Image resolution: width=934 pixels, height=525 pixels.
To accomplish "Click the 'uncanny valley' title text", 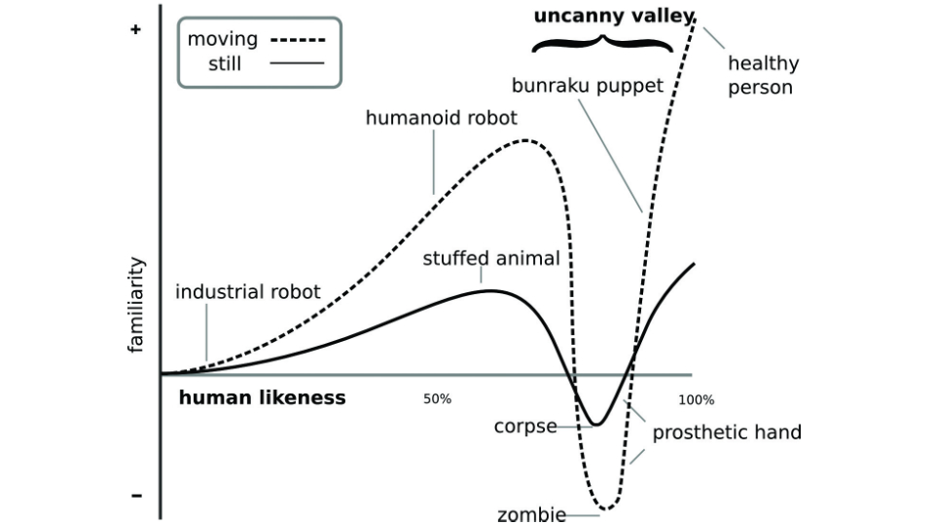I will click(x=613, y=16).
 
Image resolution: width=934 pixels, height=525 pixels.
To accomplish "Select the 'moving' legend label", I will click(x=222, y=39).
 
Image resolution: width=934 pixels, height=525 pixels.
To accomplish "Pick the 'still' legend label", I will click(x=225, y=65).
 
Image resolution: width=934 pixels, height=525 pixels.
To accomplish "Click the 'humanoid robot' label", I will click(x=442, y=118).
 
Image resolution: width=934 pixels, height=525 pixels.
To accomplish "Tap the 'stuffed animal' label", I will click(x=491, y=259).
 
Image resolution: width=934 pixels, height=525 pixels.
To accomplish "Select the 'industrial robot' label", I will click(x=248, y=291).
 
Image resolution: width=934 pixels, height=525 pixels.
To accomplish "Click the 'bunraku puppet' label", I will click(x=588, y=86).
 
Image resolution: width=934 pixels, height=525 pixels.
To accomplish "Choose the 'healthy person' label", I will click(x=764, y=75).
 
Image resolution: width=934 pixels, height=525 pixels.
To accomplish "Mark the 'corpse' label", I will click(x=525, y=426).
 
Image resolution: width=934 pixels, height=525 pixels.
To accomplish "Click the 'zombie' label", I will click(x=531, y=514).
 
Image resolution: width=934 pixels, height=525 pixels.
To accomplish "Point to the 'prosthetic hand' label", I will click(x=727, y=432).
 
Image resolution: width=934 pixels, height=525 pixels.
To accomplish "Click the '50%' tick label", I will click(x=438, y=399).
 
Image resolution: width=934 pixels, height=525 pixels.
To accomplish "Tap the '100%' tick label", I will click(x=697, y=399).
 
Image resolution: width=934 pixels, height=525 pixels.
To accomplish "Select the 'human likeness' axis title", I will click(x=263, y=397).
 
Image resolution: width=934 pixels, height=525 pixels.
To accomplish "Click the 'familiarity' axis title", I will click(x=137, y=305).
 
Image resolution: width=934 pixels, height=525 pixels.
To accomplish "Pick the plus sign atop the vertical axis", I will click(x=136, y=30).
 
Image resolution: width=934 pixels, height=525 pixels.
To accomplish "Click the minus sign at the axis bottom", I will click(x=136, y=496).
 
